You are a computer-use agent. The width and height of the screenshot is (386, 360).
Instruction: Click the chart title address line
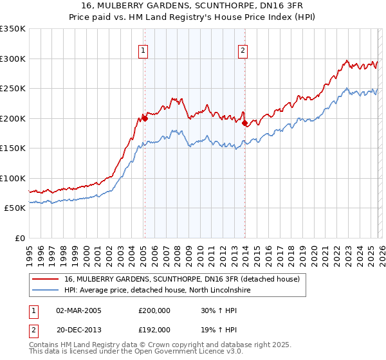point(193,6)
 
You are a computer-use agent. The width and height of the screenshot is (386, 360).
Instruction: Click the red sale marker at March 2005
point(145,118)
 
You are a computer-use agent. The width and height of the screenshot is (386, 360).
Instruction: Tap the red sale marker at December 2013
point(245,123)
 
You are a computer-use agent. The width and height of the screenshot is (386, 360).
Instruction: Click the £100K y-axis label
point(13,178)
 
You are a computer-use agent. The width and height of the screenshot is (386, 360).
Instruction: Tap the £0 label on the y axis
point(19,238)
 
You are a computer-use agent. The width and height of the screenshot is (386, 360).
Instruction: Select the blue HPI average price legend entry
point(161,291)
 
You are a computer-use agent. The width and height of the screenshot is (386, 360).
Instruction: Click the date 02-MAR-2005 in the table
point(78,310)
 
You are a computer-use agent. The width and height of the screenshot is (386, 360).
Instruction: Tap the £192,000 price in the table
point(154,329)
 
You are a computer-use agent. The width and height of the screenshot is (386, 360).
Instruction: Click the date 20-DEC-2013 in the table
point(78,329)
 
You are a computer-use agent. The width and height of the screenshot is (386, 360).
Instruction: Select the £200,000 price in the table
point(154,310)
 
